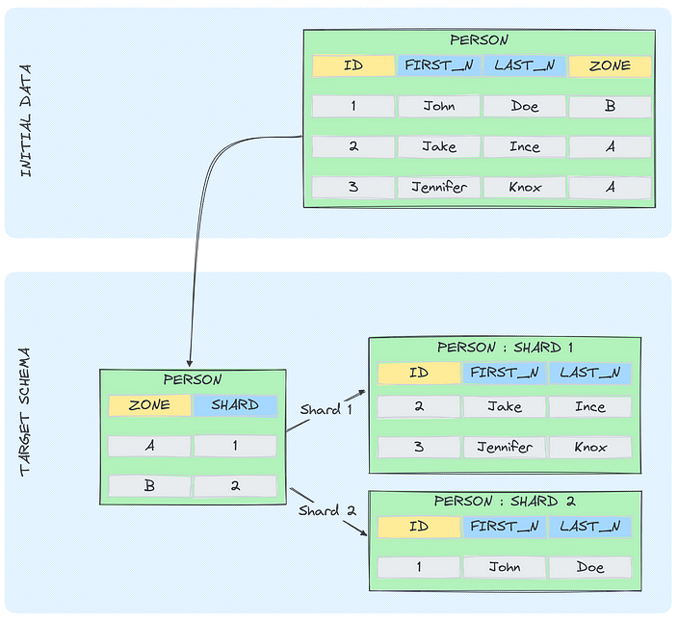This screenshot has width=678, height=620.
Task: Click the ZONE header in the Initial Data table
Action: click(x=610, y=66)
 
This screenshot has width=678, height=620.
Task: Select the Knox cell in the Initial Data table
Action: click(x=524, y=188)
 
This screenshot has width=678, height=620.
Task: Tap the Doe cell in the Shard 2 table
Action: click(x=589, y=568)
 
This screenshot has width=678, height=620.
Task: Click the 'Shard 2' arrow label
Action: click(x=319, y=510)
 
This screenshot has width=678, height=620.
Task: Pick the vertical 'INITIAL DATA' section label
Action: click(x=26, y=120)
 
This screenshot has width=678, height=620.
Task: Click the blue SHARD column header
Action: click(x=235, y=405)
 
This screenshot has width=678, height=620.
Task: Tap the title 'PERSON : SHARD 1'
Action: click(x=505, y=348)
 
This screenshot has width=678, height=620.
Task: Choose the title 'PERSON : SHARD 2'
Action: click(x=505, y=502)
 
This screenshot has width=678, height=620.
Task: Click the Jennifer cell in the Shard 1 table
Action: click(x=505, y=448)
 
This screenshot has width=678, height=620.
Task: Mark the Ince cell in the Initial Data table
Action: click(x=524, y=147)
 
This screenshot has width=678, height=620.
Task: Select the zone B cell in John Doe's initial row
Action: click(x=610, y=107)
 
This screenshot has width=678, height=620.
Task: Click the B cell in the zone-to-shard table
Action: click(x=149, y=486)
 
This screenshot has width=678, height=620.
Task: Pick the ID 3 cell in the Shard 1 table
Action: click(x=419, y=448)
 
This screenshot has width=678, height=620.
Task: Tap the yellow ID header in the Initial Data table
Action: click(x=353, y=66)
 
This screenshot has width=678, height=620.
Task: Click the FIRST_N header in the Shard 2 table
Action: click(x=505, y=528)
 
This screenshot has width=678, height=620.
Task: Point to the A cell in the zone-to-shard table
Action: click(x=149, y=446)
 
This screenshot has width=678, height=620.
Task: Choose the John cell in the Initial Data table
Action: click(x=439, y=107)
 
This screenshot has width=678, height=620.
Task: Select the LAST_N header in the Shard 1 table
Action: click(x=589, y=373)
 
